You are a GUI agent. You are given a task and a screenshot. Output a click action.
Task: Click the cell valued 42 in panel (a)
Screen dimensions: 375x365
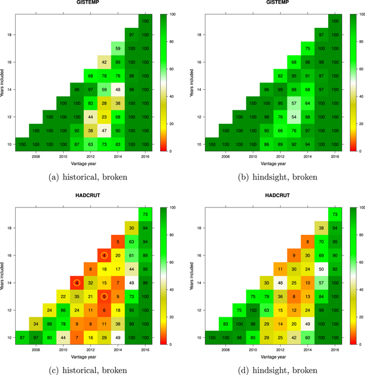(104, 61)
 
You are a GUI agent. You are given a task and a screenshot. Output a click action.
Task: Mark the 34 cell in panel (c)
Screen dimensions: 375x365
(36, 323)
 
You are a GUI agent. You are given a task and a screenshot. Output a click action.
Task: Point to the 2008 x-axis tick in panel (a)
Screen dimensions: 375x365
(36, 156)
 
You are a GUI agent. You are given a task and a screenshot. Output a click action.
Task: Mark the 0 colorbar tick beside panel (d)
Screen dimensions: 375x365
(355, 344)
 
